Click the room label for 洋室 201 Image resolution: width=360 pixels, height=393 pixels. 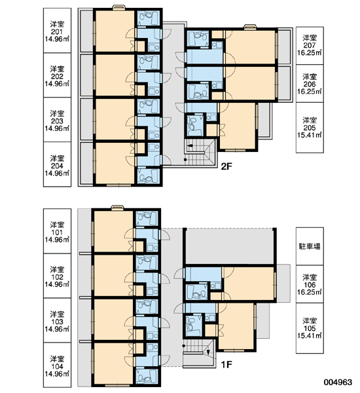57,31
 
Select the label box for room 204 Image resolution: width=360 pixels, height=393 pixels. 57,164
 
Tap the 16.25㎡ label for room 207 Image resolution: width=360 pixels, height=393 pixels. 310,53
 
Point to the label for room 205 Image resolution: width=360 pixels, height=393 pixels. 310,128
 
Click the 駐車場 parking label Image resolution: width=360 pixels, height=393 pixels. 310,246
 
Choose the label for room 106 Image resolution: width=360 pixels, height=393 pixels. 310,284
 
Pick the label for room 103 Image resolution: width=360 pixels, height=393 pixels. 57,322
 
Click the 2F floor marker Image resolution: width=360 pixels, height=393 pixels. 226,166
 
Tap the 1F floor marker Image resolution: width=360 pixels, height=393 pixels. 226,364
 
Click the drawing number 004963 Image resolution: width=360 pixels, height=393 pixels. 338,383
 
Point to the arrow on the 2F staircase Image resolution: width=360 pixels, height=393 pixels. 190,145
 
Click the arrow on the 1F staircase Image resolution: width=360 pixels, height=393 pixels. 208,352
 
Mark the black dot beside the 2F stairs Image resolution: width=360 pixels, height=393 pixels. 185,159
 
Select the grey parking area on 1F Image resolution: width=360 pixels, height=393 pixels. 230,246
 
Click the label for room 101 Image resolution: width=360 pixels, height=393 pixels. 57,232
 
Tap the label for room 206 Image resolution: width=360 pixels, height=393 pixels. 310,84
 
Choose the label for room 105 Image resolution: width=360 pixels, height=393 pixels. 310,328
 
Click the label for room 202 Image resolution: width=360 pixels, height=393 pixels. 57,76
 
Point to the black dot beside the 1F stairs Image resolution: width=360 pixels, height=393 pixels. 184,346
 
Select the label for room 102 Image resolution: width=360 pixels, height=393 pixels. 57,277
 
